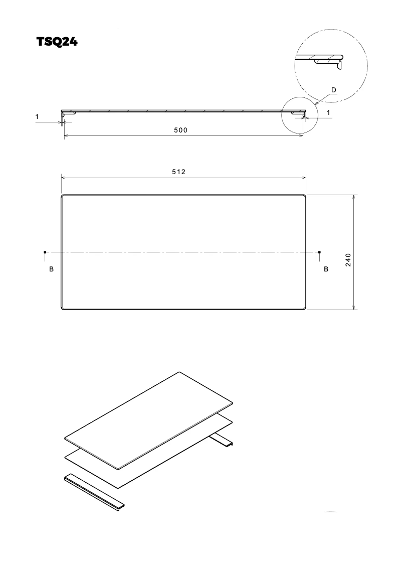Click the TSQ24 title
57,42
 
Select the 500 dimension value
180,130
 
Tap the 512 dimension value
179,172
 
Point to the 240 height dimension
349,259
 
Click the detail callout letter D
333,90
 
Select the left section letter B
51,269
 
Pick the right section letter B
326,269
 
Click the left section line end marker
45,252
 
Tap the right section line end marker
320,252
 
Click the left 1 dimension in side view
37,117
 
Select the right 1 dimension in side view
328,113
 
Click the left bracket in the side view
64,115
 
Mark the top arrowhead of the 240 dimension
354,197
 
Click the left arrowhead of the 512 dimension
63,177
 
